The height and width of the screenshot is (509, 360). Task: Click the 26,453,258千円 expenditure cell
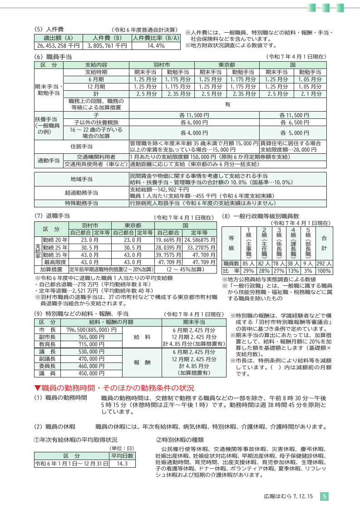coord(58,46)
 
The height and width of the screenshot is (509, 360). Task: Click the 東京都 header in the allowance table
coord(227,65)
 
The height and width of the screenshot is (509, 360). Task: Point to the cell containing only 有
coord(227,104)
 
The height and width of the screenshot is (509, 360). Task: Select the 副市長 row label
coord(47,324)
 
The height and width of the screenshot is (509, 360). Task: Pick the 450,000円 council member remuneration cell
coord(91,361)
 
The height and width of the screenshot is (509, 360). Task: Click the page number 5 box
coord(324,497)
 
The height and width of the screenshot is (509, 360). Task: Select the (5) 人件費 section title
coord(49,29)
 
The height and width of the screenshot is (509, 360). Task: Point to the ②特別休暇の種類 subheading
coord(180,440)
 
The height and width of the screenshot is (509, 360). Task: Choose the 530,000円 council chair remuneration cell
coord(91,339)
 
